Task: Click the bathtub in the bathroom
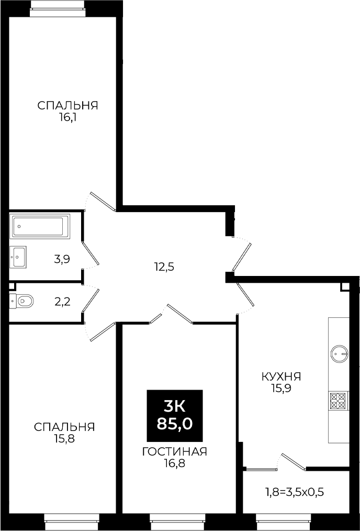(x=40, y=226)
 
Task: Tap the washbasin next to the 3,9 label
(x=18, y=257)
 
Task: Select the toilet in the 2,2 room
(x=21, y=300)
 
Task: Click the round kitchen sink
(x=339, y=354)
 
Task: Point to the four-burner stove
(x=339, y=401)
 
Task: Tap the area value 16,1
(x=67, y=118)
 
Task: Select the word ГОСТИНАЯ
(x=175, y=451)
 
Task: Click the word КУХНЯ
(x=282, y=376)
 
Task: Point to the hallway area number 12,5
(x=164, y=267)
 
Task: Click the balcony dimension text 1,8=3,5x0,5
(x=294, y=492)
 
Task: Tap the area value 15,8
(x=64, y=439)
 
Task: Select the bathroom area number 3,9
(x=62, y=259)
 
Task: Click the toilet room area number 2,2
(x=63, y=301)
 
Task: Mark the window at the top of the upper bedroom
(x=57, y=8)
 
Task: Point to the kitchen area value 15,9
(x=282, y=388)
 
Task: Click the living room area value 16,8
(x=175, y=463)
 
